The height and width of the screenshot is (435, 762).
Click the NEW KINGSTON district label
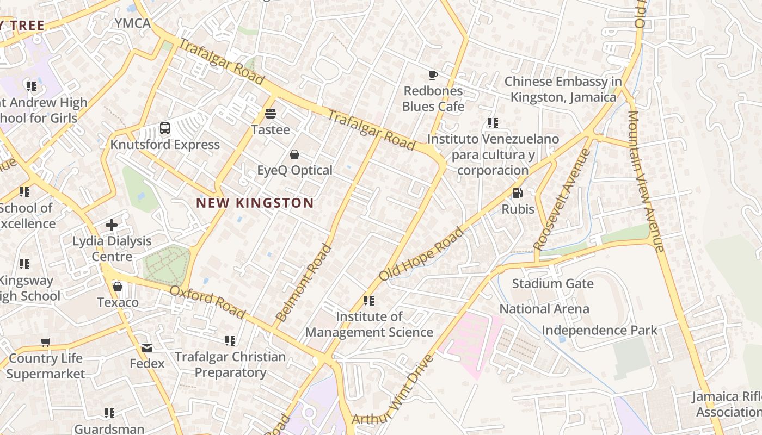pos(255,203)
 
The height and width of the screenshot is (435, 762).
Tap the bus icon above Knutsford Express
pos(165,129)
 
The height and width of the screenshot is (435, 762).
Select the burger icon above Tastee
pos(270,114)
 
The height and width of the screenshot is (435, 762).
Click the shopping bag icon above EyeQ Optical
pos(294,154)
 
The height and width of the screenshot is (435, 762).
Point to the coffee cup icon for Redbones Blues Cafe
pos(433,75)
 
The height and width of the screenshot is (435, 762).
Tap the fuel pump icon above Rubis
pos(518,193)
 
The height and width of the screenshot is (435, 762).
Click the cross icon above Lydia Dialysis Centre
pos(112,225)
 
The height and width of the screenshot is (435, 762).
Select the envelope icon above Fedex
pos(147,348)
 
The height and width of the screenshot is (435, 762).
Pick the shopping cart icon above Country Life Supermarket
pos(46,343)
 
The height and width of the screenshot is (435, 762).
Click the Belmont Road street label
pos(304,283)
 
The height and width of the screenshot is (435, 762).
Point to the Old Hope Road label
pos(422,254)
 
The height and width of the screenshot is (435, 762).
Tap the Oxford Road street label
pos(207,302)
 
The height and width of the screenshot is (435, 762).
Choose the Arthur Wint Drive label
pos(394,390)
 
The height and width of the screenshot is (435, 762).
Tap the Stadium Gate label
pos(552,284)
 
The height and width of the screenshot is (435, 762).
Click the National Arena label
pos(544,309)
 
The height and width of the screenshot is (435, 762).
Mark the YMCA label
pos(132,23)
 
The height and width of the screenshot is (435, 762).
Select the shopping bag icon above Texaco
pos(118,287)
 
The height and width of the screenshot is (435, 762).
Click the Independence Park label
pos(599,331)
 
